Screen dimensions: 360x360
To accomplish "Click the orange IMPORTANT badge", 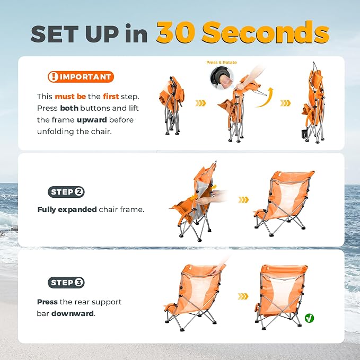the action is (x=81, y=77).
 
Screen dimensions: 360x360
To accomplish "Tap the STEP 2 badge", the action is (x=66, y=192).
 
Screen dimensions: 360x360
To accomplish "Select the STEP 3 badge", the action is (x=66, y=283).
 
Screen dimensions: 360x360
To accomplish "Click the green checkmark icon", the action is (x=309, y=318).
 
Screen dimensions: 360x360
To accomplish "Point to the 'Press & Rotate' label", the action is (x=221, y=63).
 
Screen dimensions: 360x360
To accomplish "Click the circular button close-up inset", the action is (x=222, y=78).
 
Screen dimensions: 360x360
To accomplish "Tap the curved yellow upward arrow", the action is (x=265, y=98).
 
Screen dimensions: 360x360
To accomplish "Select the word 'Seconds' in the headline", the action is (x=266, y=32).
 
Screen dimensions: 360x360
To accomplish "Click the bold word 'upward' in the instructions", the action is (x=92, y=120).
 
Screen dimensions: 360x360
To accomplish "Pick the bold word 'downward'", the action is (x=73, y=314).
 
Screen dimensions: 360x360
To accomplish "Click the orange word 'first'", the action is (x=111, y=96).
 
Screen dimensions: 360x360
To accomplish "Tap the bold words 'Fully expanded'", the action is (x=67, y=209).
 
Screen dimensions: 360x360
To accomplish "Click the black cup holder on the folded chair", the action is (x=305, y=134).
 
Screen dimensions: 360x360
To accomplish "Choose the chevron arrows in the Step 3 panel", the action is (x=243, y=296).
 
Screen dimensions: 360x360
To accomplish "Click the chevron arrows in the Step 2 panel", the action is (x=243, y=200).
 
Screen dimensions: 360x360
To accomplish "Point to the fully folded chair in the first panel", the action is (x=171, y=106).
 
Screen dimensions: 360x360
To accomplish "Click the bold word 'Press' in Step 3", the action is (x=47, y=302).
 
